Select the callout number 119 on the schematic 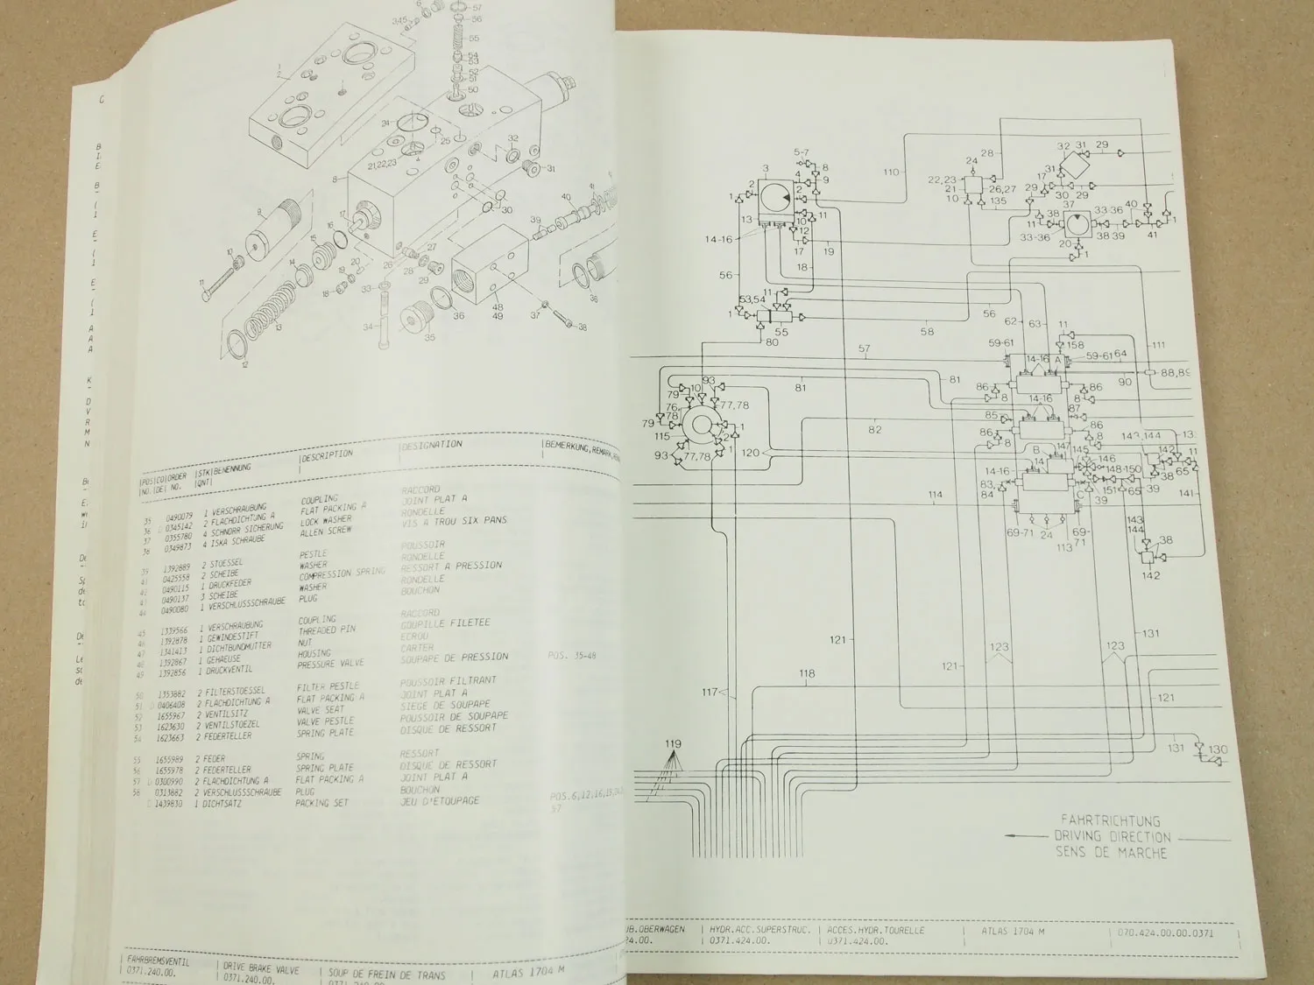(673, 745)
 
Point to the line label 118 (807, 673)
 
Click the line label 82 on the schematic (876, 430)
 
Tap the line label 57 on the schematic (865, 349)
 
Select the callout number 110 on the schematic (892, 172)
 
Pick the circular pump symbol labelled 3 (772, 200)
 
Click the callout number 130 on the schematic (1218, 749)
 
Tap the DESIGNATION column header (431, 446)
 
